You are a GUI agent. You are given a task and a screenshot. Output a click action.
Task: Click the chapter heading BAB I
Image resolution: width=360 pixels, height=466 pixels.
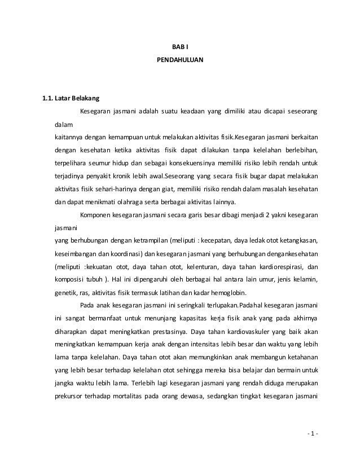click(x=180, y=47)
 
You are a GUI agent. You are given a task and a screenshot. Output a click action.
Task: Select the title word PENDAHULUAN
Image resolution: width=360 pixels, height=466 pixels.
click(x=180, y=58)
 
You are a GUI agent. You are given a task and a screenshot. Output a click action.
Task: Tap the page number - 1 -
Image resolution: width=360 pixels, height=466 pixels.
click(x=311, y=434)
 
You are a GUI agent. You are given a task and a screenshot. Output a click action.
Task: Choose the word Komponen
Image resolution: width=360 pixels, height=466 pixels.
click(x=96, y=214)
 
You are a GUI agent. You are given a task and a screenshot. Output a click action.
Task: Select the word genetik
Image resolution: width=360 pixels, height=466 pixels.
click(x=65, y=292)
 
